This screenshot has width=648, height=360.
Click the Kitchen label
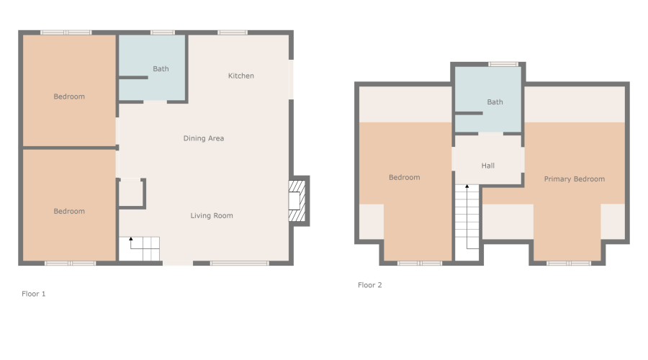point(240,76)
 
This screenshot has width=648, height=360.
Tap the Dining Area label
point(204,138)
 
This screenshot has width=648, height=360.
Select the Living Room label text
point(212,215)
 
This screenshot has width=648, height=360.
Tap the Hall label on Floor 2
point(487,166)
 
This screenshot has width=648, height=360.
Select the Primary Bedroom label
point(574,179)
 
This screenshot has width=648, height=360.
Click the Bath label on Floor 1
point(161,69)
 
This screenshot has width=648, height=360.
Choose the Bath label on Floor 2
point(495,102)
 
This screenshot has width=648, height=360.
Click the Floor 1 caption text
point(34,294)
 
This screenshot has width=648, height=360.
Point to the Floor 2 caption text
point(370,285)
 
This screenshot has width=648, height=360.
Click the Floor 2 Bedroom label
point(404,177)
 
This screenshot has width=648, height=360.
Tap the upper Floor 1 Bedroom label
point(69,96)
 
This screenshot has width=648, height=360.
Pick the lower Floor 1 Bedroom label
point(69,211)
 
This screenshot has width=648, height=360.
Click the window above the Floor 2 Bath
point(503,64)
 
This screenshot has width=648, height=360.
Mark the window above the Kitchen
point(233,32)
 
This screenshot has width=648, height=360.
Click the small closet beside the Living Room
point(131,194)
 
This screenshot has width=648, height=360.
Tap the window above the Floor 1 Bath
point(163,32)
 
